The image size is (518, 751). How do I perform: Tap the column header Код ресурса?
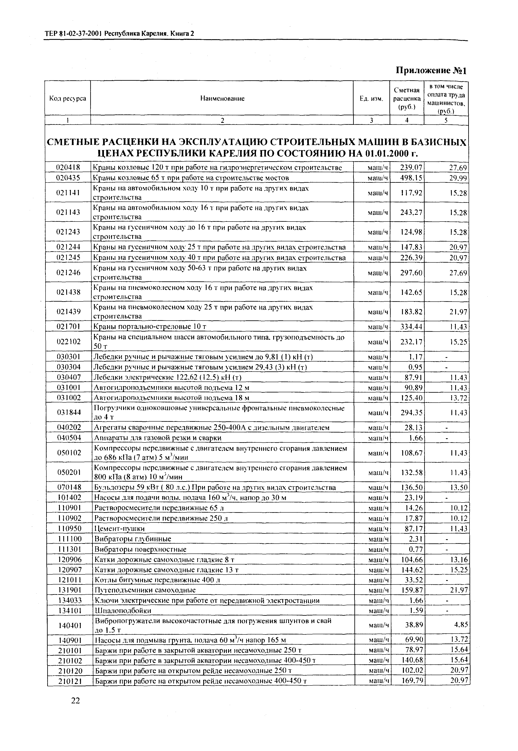(67, 98)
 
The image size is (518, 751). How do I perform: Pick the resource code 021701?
(68, 326)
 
